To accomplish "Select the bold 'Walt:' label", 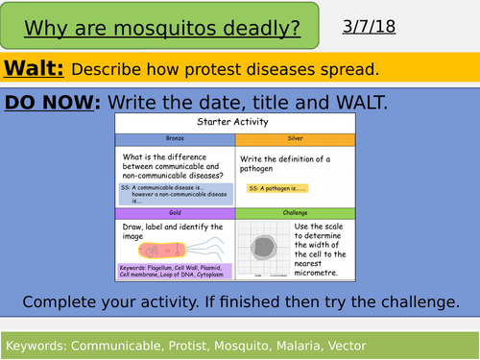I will (x=34, y=68).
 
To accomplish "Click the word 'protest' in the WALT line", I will (x=221, y=69).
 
